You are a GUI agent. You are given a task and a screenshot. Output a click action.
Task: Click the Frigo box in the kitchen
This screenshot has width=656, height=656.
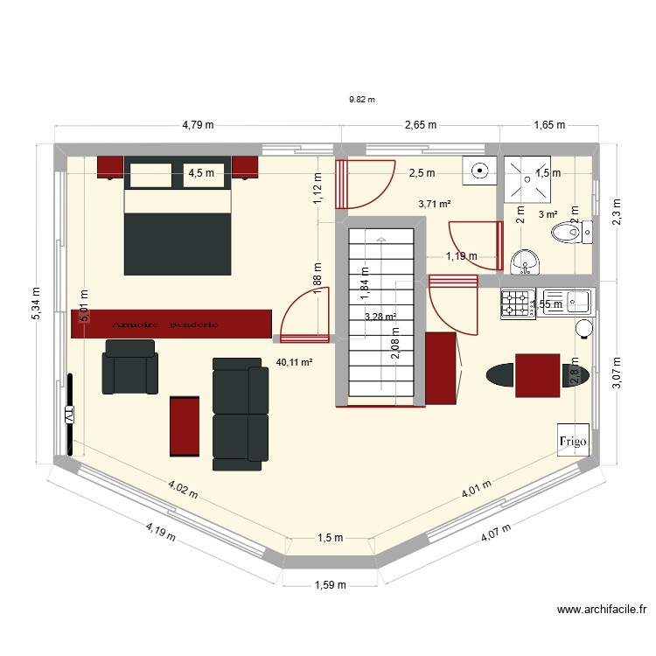575,441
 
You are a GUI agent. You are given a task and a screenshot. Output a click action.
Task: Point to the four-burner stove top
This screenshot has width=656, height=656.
517,304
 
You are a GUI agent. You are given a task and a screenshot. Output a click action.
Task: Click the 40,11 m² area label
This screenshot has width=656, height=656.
293,360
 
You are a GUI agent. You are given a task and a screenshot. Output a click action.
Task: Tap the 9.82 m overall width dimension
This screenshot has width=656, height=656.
361,99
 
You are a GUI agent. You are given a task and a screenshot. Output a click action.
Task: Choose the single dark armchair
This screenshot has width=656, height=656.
131,366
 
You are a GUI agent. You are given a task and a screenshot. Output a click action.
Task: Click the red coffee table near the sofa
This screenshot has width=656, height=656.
184,426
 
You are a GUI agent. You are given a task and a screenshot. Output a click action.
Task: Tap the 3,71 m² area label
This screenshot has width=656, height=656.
434,204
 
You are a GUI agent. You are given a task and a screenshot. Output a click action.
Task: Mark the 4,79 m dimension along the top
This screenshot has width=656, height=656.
199,125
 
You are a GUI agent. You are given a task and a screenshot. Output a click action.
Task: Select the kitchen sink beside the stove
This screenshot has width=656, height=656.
567,303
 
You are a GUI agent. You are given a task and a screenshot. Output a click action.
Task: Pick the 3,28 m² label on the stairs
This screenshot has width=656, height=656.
380,316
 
